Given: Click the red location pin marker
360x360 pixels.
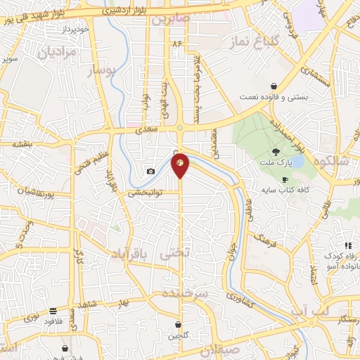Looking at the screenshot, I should (x=181, y=164).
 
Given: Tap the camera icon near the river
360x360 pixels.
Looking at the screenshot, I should (x=150, y=171).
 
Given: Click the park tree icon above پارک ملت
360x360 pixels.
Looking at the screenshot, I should (x=276, y=151).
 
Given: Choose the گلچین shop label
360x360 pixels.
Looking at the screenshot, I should (x=179, y=335).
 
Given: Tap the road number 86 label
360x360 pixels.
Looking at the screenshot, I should (x=176, y=44).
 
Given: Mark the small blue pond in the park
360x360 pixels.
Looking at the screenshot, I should (x=297, y=162).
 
